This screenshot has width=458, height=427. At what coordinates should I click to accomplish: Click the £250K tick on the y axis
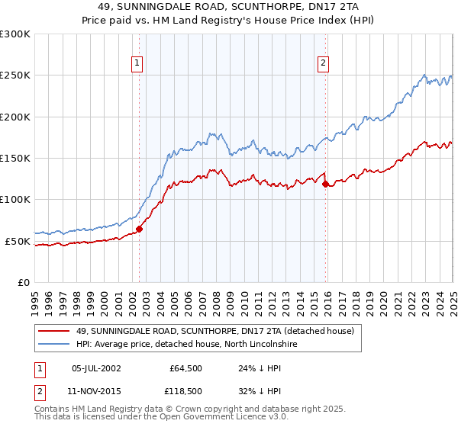[x=15, y=75]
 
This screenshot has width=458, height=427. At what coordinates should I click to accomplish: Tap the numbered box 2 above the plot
[x=324, y=64]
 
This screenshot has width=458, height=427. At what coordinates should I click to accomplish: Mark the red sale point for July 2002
[x=139, y=229]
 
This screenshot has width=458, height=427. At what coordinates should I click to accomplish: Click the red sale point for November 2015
[x=326, y=184]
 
